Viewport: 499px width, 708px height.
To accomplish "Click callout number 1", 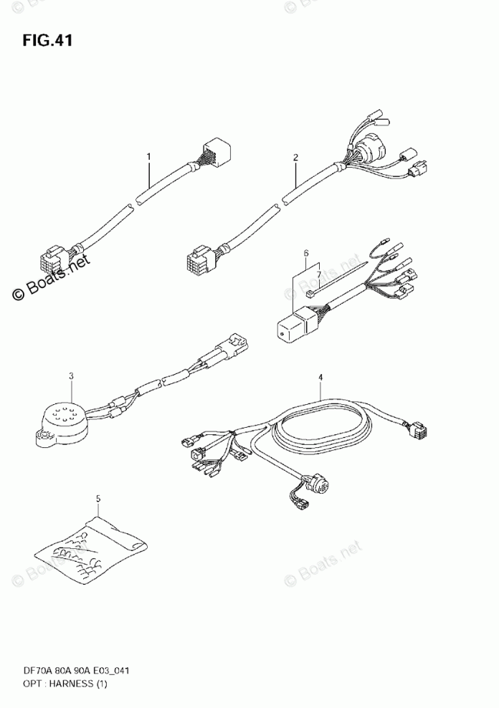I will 149,156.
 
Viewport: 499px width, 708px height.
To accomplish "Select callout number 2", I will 295,156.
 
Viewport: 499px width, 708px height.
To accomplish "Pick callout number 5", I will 305,254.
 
